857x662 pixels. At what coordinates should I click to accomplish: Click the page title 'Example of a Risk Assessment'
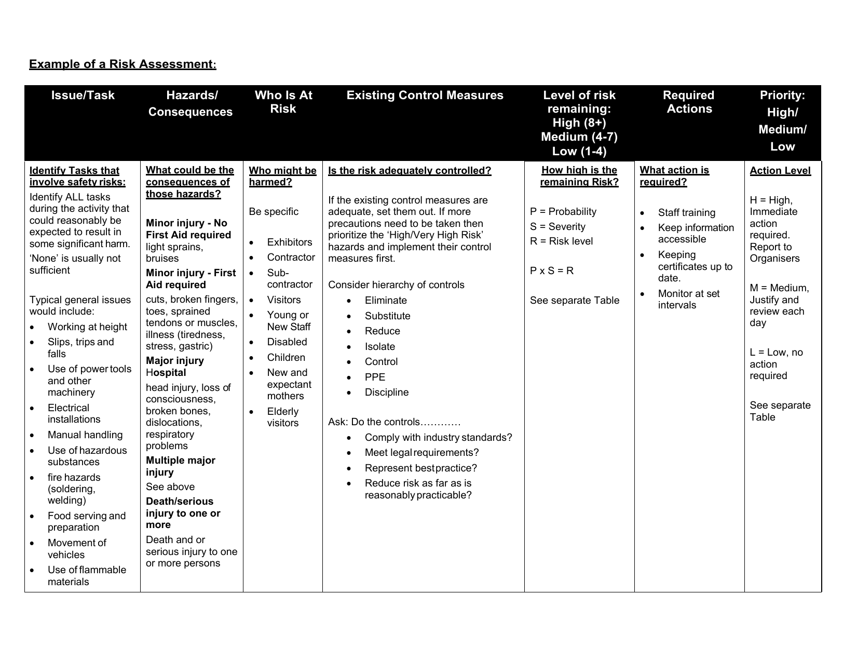[x=122, y=64]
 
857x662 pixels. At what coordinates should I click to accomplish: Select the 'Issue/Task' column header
[x=83, y=96]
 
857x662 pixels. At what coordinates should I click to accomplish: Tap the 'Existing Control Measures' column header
[x=425, y=96]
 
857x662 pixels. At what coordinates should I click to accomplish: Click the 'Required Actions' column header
[x=689, y=102]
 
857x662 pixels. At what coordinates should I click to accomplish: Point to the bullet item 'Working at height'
[x=87, y=327]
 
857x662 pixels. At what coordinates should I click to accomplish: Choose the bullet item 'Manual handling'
[x=85, y=435]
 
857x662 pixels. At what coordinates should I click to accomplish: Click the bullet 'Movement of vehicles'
[x=76, y=549]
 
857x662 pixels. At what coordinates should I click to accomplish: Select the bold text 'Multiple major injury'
[x=180, y=466]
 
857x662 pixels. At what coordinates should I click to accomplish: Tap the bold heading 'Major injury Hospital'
[x=174, y=367]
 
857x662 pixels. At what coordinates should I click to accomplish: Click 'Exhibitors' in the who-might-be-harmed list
[x=289, y=242]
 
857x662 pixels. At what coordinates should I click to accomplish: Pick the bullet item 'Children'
[x=286, y=358]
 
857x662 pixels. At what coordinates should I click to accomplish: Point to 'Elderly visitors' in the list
[x=283, y=417]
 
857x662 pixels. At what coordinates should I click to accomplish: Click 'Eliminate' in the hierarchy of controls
[x=386, y=301]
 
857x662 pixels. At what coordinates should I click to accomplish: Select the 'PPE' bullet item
[x=375, y=377]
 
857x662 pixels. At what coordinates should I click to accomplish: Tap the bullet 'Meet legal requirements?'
[x=421, y=453]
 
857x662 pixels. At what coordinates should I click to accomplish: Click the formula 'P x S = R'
[x=552, y=271]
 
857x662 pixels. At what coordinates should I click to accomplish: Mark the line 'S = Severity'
[x=557, y=227]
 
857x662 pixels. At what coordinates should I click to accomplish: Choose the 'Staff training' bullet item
[x=686, y=213]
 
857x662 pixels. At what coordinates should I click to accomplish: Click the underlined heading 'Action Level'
[x=780, y=171]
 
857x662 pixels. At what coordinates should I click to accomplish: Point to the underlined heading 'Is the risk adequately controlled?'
[x=410, y=171]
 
